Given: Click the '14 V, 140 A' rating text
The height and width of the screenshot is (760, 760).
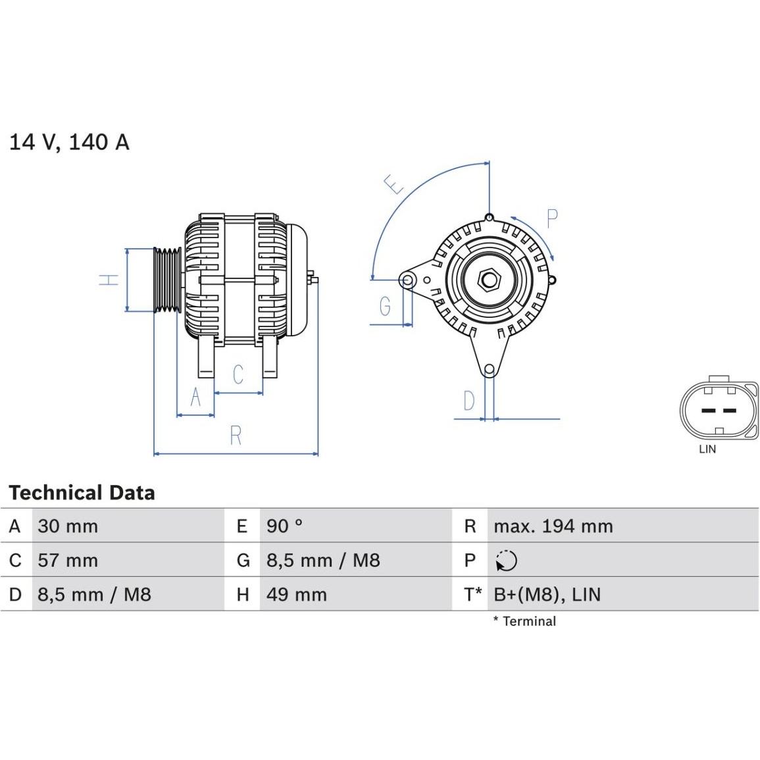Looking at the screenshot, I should click(69, 141).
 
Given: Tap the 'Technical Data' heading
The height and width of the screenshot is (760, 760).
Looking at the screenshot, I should click(82, 493).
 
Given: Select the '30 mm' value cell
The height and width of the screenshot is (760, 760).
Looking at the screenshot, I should click(68, 526).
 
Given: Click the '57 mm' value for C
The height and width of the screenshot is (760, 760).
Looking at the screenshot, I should click(68, 561).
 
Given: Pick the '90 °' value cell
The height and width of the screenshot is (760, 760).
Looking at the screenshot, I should click(284, 526).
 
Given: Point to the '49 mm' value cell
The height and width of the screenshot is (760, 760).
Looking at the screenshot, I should click(296, 595).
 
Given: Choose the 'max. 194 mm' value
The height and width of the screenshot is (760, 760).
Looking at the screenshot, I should click(553, 526).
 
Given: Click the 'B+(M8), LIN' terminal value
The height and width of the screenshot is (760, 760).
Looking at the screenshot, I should click(547, 595).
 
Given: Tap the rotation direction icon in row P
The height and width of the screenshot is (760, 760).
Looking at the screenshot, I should click(506, 561).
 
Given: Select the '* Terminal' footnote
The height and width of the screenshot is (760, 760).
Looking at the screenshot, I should click(524, 621).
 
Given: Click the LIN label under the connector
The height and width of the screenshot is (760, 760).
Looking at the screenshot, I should click(707, 449).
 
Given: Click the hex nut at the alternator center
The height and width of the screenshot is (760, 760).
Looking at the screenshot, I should click(489, 280).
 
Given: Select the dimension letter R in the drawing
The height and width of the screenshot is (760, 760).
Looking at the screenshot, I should click(236, 435).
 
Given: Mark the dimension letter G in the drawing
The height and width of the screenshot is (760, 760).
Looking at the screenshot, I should click(385, 306).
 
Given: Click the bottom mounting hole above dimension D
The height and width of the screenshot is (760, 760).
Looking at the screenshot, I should click(489, 370).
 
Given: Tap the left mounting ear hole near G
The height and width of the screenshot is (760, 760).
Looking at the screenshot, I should click(407, 280).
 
